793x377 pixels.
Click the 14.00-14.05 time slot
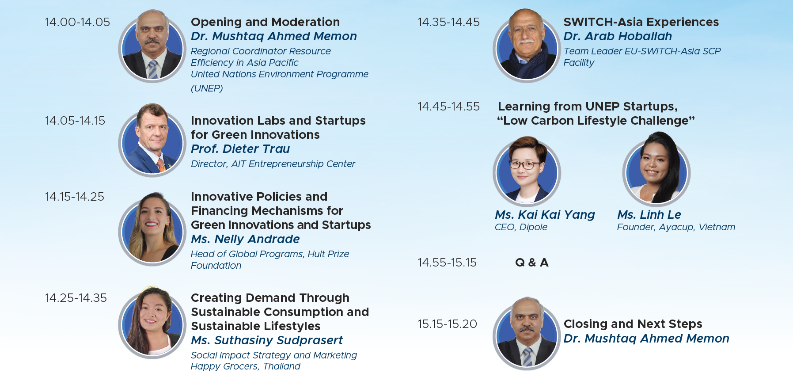point(77,22)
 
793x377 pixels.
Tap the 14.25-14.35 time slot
point(76,298)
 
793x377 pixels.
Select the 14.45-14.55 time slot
point(449,107)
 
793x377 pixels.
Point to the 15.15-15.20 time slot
point(448,324)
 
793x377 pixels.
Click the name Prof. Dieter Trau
point(240,149)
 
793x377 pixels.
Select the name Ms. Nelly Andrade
point(245,239)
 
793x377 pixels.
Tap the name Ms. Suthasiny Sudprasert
point(267,340)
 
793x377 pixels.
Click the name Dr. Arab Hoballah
point(618,36)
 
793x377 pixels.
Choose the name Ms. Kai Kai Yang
point(545,215)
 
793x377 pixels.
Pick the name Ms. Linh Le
point(649,215)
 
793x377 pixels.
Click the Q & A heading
point(532,263)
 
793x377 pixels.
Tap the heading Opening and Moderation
point(265,22)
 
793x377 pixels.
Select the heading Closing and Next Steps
point(633,324)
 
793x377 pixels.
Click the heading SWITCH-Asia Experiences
point(641,22)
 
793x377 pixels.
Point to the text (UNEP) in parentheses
point(207,88)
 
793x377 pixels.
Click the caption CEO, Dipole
point(521,227)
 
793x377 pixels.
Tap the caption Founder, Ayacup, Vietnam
point(676,227)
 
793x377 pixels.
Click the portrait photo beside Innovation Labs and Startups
point(152,140)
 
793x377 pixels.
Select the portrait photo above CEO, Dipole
point(527,171)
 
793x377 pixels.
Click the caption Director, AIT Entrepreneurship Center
point(273,164)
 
